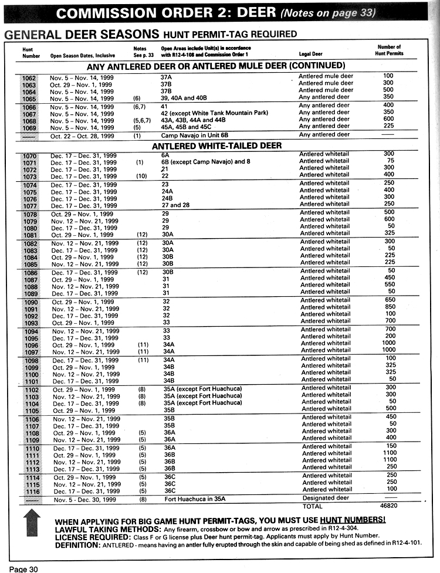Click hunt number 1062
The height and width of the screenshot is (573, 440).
[x=29, y=77]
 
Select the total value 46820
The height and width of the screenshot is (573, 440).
[x=389, y=506]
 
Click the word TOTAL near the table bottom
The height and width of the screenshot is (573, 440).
[x=312, y=506]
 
